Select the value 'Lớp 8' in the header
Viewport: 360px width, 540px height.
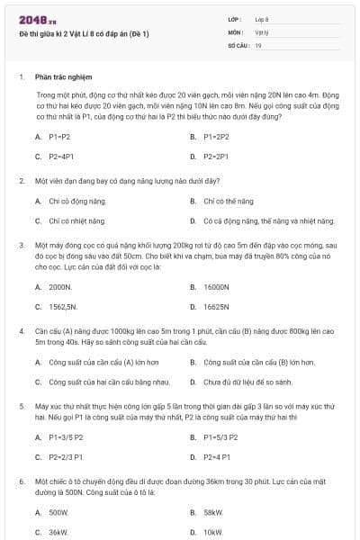(x=262, y=19)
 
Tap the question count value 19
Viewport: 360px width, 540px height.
(x=258, y=44)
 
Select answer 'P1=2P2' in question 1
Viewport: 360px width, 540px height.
(x=216, y=137)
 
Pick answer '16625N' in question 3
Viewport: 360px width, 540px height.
(x=215, y=306)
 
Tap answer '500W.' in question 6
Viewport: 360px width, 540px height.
(x=58, y=512)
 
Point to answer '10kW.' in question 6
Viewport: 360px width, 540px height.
(x=213, y=532)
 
